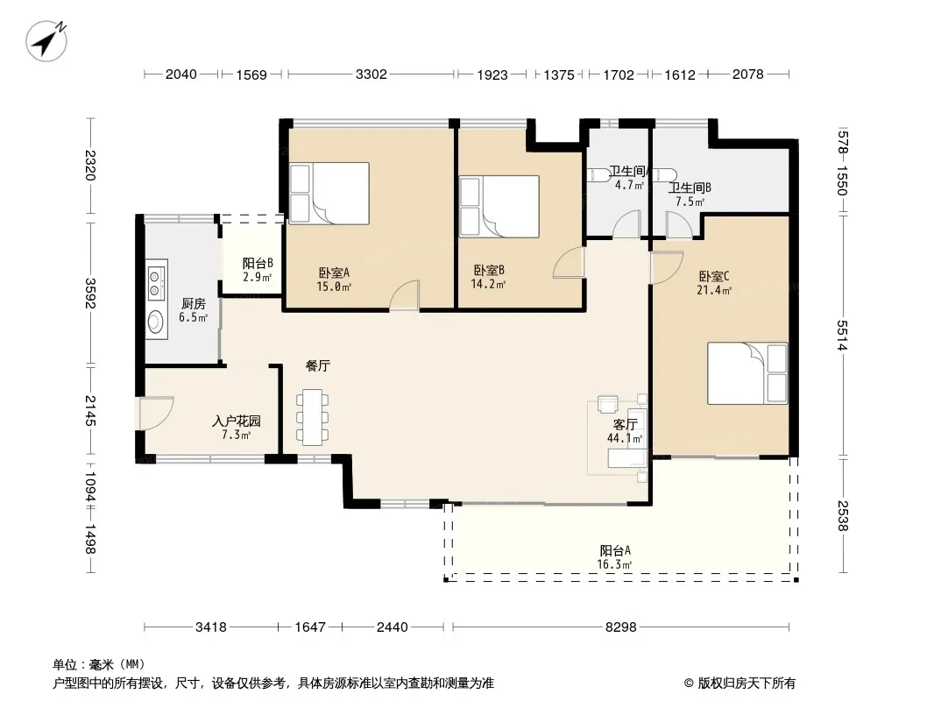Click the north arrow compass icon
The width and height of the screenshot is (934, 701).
[46, 40]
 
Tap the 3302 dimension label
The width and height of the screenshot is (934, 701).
[371, 74]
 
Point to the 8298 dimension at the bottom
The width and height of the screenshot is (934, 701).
[620, 627]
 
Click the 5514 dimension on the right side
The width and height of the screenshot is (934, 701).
[842, 336]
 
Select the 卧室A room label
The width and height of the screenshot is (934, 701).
[334, 273]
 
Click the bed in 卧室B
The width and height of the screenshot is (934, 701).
[499, 206]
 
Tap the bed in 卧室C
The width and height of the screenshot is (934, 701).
[747, 373]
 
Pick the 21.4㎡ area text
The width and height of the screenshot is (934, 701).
[713, 290]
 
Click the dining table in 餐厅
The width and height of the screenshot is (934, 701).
[312, 417]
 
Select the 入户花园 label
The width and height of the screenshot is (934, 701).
[237, 421]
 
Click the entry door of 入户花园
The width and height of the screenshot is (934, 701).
[156, 413]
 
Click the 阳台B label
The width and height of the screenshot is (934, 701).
[258, 263]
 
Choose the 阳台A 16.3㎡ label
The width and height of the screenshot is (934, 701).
[615, 557]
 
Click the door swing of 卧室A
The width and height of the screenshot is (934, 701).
[405, 295]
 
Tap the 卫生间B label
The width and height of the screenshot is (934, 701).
[690, 188]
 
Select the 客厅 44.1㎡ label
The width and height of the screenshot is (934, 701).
[625, 431]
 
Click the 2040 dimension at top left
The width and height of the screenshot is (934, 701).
[181, 74]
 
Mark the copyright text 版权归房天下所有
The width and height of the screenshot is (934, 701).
[746, 683]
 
